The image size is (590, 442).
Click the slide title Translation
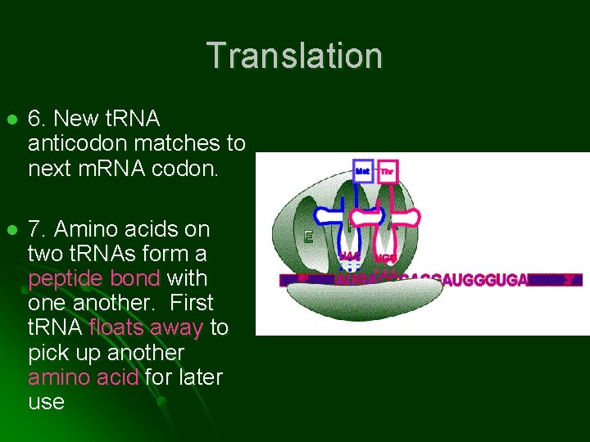coord(294,56)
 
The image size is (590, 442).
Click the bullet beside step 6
coord(11,120)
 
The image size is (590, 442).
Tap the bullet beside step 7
coord(11,230)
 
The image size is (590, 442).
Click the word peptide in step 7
coord(64,278)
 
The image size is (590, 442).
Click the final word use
coord(46,402)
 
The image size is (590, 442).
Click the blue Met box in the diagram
coord(363,171)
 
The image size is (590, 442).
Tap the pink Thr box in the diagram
coord(387,171)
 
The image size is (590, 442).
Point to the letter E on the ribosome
coord(309,237)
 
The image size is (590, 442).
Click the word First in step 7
coord(192,303)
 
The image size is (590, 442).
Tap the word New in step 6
coord(75,119)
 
